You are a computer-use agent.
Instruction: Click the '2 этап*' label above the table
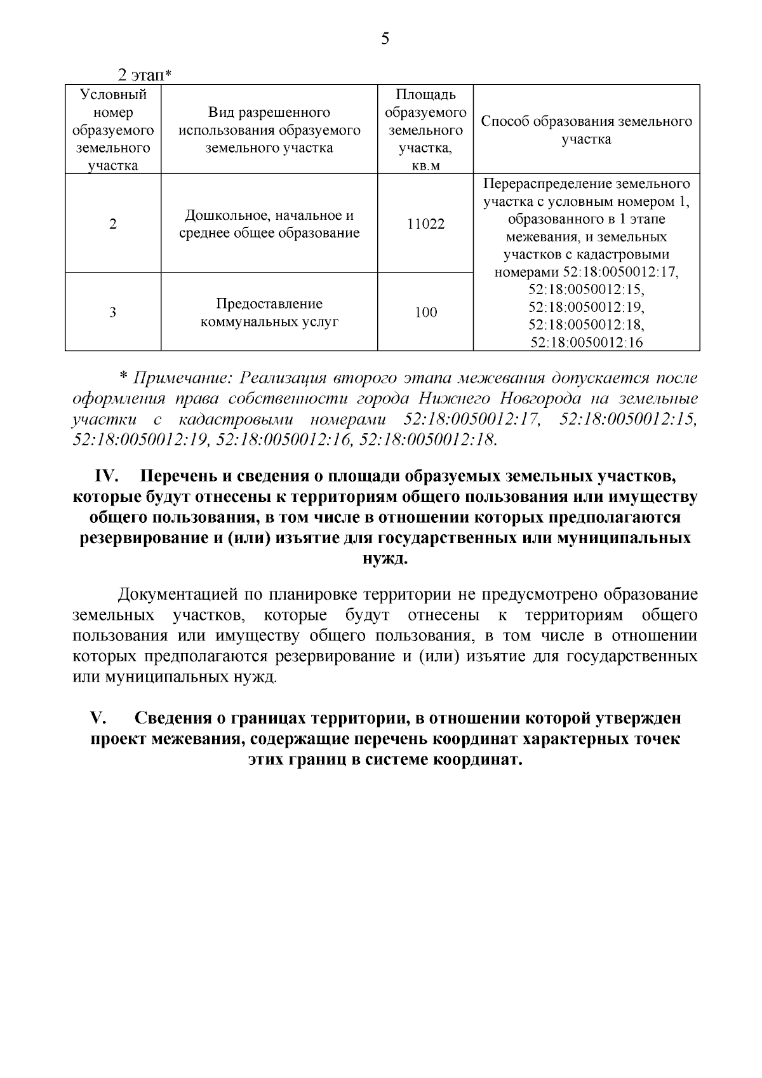(x=145, y=75)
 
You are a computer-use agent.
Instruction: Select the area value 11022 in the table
(x=425, y=224)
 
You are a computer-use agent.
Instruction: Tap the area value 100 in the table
(x=425, y=313)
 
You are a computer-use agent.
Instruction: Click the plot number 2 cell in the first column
(x=113, y=224)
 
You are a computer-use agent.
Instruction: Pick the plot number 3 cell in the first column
(x=113, y=313)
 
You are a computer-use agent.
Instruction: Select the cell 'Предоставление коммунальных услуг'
(x=269, y=313)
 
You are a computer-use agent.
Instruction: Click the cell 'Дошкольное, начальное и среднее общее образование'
(x=269, y=224)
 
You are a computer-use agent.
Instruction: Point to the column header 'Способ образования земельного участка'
(x=586, y=130)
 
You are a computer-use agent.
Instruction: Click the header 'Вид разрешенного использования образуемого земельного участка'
(x=269, y=130)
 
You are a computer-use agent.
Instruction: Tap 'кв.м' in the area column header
(x=425, y=166)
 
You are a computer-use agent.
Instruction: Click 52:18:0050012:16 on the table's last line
(x=586, y=343)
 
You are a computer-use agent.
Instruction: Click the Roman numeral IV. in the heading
(x=107, y=476)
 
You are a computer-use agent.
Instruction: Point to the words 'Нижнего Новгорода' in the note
(x=492, y=399)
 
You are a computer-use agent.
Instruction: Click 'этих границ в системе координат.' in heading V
(x=385, y=760)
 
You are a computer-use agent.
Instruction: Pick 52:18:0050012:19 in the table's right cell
(x=586, y=307)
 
